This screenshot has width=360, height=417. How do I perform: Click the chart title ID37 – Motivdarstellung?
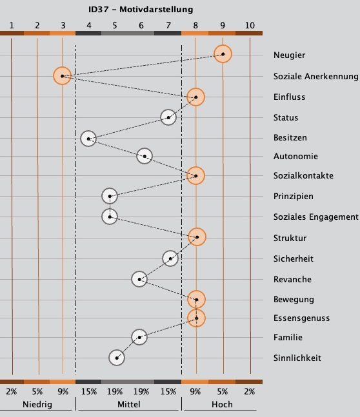[x=141, y=10]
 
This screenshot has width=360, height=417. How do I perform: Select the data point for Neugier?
[x=223, y=54]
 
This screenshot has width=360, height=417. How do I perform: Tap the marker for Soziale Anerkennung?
[x=63, y=76]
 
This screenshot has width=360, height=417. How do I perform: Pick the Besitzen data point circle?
[x=88, y=139]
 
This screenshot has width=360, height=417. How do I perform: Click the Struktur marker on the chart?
[x=197, y=237]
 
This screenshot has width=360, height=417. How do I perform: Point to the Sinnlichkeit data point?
[x=117, y=358]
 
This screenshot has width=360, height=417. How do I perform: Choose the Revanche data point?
[x=139, y=279]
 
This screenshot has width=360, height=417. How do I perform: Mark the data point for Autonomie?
[x=145, y=156]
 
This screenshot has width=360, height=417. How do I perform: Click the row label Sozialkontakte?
[x=303, y=175]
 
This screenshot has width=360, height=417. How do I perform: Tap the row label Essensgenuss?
[x=301, y=318]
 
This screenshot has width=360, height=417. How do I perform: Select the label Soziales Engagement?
[x=315, y=217]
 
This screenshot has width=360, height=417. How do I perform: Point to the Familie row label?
[x=288, y=337]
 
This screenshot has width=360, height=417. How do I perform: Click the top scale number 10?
[x=250, y=25]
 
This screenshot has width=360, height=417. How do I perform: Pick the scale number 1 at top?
[x=12, y=25]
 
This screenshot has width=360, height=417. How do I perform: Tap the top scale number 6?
[x=141, y=25]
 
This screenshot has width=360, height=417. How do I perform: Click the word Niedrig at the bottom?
[x=37, y=404]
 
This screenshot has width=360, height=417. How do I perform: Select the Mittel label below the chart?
[x=129, y=404]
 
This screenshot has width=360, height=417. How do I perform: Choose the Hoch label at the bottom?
[x=222, y=404]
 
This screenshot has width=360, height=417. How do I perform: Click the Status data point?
[x=168, y=117]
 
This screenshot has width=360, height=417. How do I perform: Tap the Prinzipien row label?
[x=293, y=197]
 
